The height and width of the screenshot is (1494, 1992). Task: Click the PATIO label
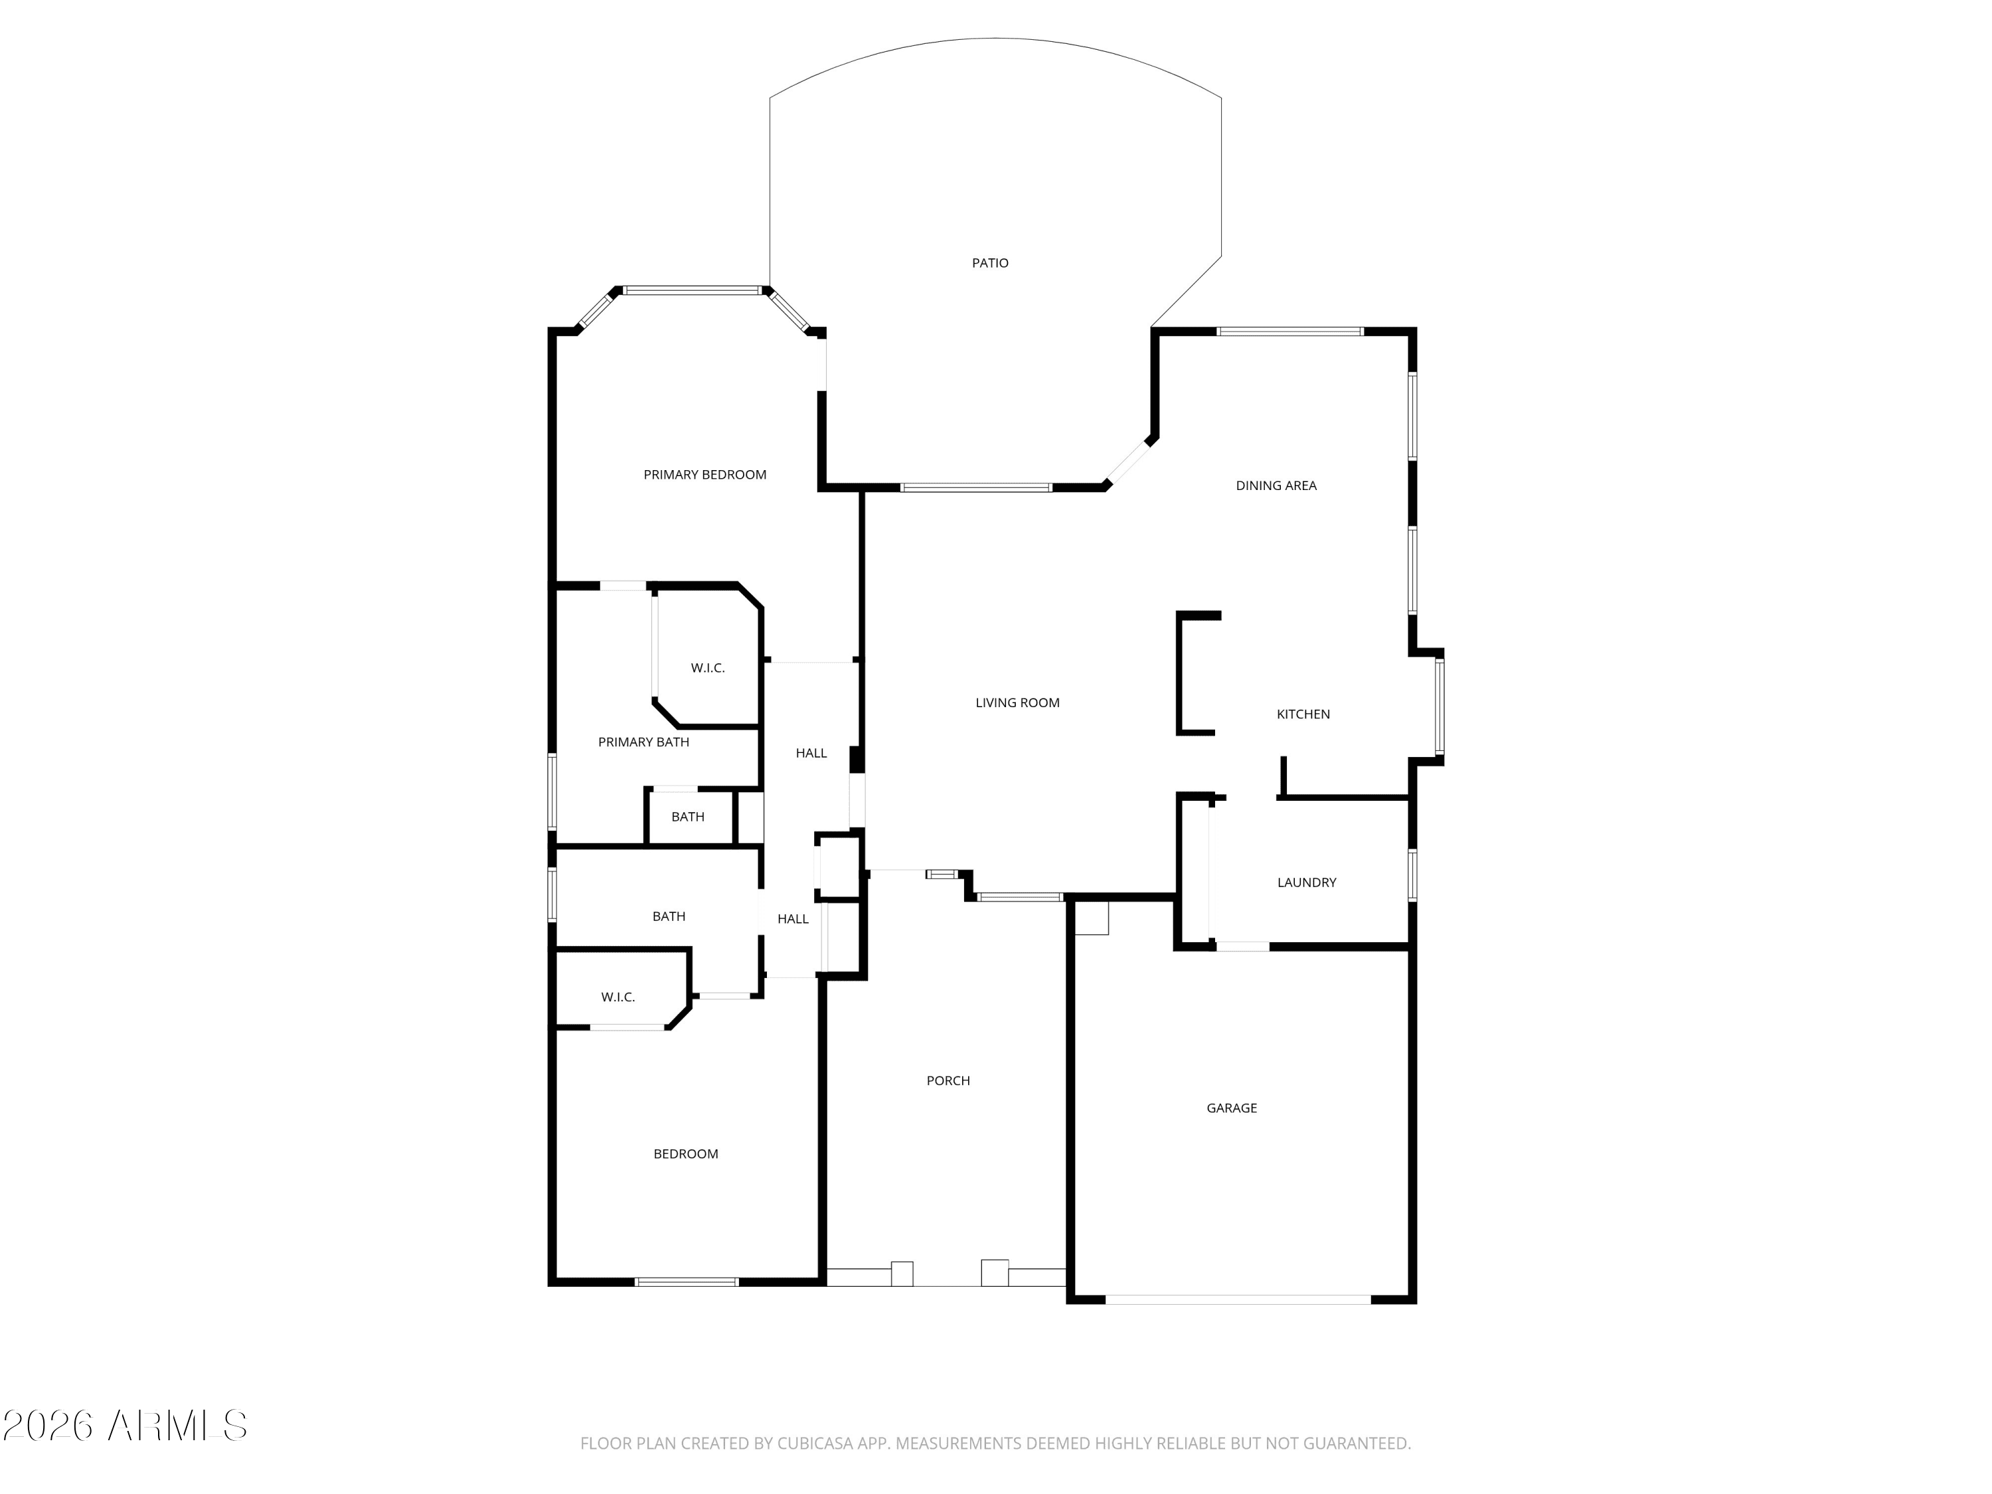click(x=990, y=263)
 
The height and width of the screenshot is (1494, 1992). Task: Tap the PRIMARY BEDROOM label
click(x=705, y=475)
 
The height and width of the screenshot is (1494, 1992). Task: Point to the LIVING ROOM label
click(x=1017, y=703)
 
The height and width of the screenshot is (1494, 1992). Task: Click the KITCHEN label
click(x=1303, y=714)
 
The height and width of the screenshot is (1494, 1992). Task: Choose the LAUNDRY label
click(x=1307, y=882)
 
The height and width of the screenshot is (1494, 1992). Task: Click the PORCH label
click(x=948, y=1080)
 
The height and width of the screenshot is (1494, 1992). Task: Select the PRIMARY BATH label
click(x=643, y=742)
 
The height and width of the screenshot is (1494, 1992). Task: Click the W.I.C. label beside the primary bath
click(x=708, y=668)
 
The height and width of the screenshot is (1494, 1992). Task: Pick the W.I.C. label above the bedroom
click(x=618, y=997)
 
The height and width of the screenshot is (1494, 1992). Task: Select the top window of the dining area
click(x=1289, y=331)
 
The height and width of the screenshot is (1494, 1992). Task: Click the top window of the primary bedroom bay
click(x=693, y=290)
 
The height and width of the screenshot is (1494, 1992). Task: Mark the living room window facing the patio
click(x=976, y=487)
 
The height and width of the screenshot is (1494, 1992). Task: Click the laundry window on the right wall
click(x=1412, y=874)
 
